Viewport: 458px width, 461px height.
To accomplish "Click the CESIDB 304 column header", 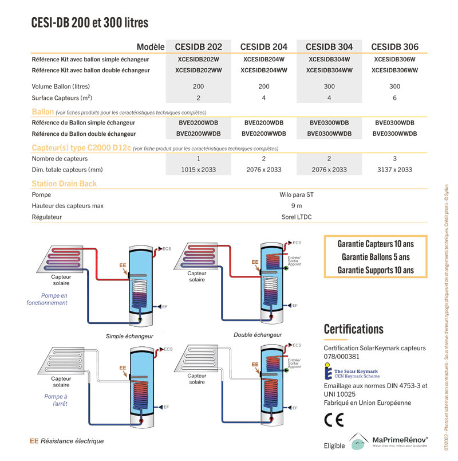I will click(329, 46).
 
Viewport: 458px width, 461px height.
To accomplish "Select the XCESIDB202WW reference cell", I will click(198, 71).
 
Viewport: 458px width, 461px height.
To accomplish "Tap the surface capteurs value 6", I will click(394, 98).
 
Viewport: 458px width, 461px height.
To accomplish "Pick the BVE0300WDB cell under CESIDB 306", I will click(394, 123).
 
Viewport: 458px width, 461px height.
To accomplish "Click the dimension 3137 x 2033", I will click(394, 170).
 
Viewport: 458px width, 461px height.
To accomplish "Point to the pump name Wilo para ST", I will click(293, 194).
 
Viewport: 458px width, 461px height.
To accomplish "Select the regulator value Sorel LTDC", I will click(293, 217).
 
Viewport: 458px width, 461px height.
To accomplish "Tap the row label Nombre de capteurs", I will click(60, 158).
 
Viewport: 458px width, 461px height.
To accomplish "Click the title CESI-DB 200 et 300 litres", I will click(89, 24).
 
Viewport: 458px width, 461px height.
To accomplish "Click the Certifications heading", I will click(353, 329).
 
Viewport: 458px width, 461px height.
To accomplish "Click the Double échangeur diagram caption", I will click(258, 334).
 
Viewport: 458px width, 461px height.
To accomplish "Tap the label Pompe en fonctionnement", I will click(47, 299).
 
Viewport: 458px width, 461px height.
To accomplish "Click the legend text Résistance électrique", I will click(72, 441).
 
